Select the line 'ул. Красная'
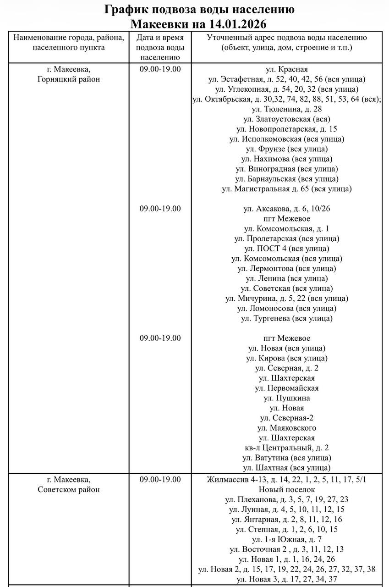click(286, 69)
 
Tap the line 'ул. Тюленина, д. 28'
click(286, 109)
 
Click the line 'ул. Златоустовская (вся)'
click(286, 119)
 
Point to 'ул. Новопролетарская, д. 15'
click(286, 129)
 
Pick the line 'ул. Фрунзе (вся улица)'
click(286, 149)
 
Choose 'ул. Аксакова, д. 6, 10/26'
click(286, 209)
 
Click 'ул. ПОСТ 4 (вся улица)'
click(286, 249)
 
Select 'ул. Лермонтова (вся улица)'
click(286, 268)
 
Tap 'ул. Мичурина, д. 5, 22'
click(286, 299)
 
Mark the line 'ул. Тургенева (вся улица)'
click(286, 318)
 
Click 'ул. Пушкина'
click(286, 398)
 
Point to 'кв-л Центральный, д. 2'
click(286, 448)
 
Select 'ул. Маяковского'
click(286, 428)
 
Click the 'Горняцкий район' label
click(69, 79)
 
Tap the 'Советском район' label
click(69, 489)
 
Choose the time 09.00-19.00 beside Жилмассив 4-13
click(160, 480)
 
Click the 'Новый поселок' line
click(286, 490)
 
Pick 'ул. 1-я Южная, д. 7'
click(286, 539)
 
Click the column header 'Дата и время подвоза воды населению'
click(160, 47)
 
